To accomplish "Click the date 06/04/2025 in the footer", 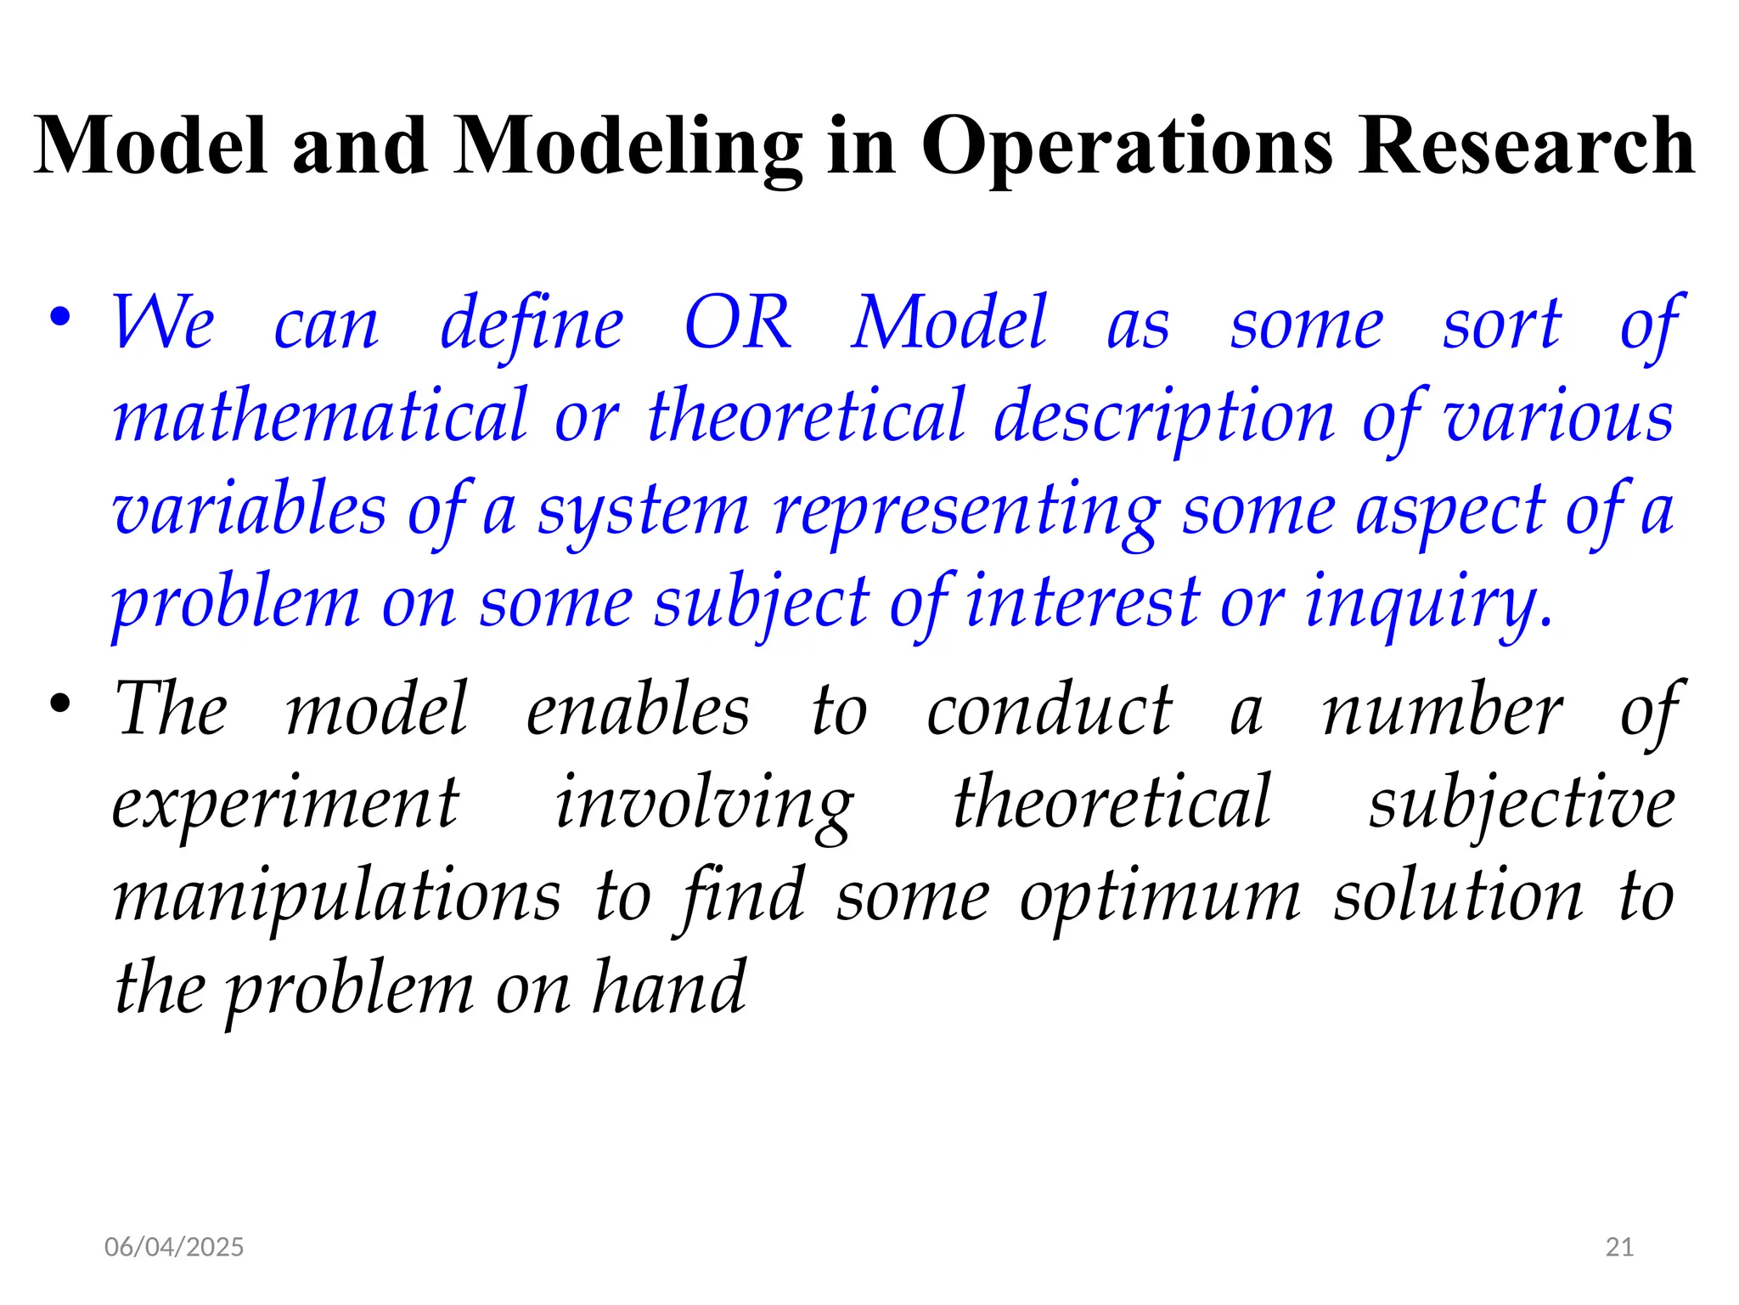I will pyautogui.click(x=174, y=1246).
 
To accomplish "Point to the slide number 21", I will pyautogui.click(x=1620, y=1246).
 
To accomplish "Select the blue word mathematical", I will pyautogui.click(x=321, y=416).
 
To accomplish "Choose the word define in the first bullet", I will pyautogui.click(x=532, y=325).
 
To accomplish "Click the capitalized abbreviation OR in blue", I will pyautogui.click(x=738, y=324).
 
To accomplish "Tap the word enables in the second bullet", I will pyautogui.click(x=638, y=710).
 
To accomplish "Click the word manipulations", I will pyautogui.click(x=337, y=897).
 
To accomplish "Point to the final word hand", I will pyautogui.click(x=669, y=988).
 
